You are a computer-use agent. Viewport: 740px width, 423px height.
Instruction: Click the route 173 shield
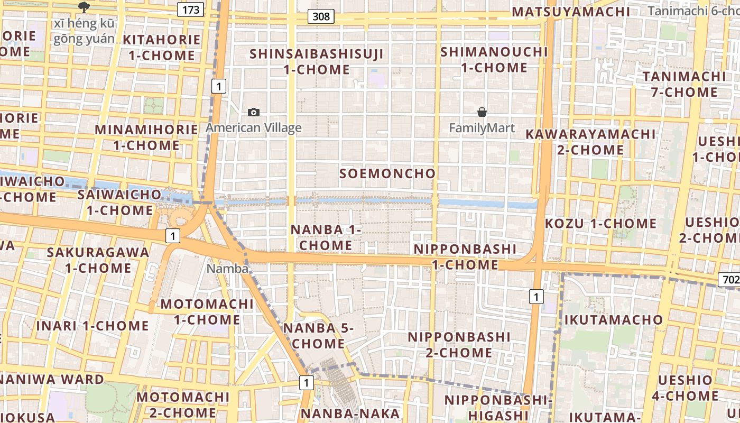tap(191, 10)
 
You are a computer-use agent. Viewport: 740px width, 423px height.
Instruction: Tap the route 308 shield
tap(321, 16)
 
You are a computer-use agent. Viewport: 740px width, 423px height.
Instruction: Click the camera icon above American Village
tap(254, 112)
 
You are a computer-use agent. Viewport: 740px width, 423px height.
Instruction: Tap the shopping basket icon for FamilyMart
tap(482, 112)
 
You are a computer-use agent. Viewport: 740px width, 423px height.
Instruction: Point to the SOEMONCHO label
tap(387, 173)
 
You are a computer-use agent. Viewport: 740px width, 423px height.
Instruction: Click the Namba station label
tap(227, 269)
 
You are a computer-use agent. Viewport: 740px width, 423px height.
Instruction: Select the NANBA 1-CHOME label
tap(326, 237)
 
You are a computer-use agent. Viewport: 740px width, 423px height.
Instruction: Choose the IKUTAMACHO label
tap(613, 320)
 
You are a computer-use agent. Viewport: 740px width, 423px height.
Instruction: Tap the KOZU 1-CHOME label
tap(600, 223)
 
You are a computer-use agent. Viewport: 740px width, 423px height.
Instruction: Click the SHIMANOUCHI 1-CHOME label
tap(494, 60)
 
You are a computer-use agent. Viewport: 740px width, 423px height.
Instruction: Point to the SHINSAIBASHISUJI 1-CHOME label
tap(317, 61)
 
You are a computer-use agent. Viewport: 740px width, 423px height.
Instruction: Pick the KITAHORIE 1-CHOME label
tap(162, 48)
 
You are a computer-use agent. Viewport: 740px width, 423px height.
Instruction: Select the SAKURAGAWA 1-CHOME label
tap(98, 260)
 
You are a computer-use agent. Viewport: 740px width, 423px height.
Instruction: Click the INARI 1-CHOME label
tap(92, 326)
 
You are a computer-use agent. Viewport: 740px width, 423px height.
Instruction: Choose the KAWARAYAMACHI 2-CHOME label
tap(590, 142)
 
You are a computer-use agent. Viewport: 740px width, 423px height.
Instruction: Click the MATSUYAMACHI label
tap(571, 12)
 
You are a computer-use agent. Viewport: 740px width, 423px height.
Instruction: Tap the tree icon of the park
tap(83, 7)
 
